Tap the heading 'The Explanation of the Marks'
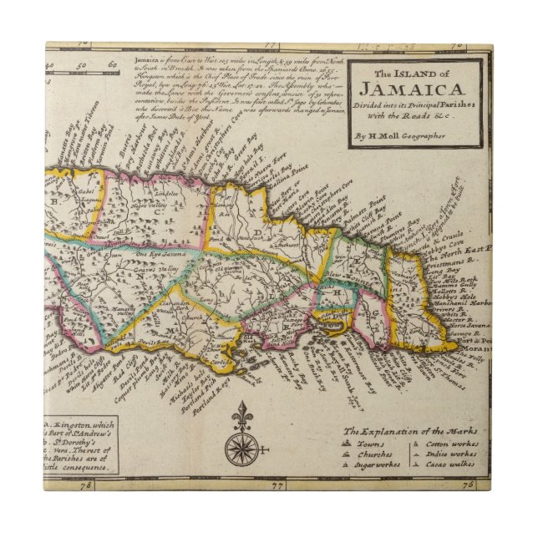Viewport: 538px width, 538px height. pos(409,431)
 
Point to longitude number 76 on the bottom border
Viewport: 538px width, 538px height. pos(469,485)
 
